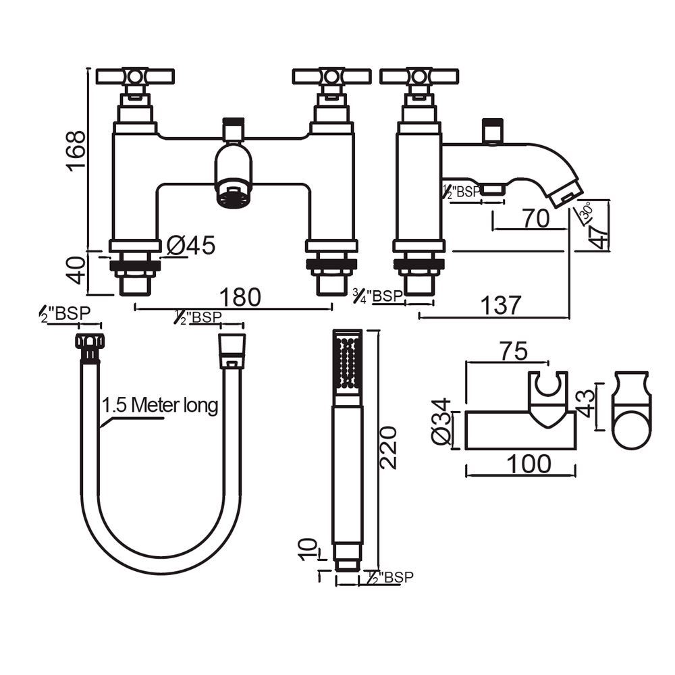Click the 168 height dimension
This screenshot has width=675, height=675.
(76, 151)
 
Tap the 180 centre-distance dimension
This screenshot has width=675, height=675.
(240, 297)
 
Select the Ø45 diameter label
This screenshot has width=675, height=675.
(191, 246)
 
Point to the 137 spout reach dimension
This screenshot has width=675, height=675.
(501, 305)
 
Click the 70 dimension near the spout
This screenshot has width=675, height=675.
(536, 218)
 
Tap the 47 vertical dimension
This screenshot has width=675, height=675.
(599, 236)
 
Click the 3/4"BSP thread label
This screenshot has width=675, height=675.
(377, 296)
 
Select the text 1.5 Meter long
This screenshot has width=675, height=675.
(160, 406)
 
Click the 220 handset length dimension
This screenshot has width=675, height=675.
(388, 448)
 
